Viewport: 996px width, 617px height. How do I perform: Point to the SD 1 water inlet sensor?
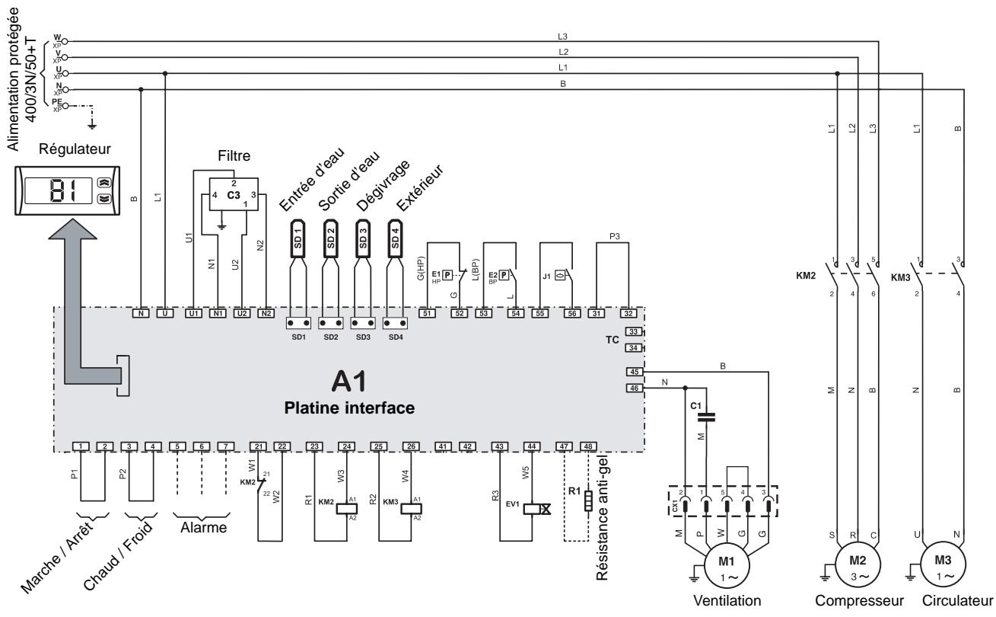click(x=298, y=240)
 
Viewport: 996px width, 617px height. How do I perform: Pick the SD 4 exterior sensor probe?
click(x=394, y=240)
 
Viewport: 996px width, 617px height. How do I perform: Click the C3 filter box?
click(x=232, y=195)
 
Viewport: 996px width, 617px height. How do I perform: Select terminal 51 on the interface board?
click(x=428, y=313)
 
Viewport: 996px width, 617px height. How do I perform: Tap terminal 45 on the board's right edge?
click(x=634, y=372)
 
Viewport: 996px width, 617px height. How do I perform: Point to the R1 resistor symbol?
click(x=588, y=503)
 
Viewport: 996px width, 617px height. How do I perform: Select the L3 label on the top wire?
click(x=562, y=36)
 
